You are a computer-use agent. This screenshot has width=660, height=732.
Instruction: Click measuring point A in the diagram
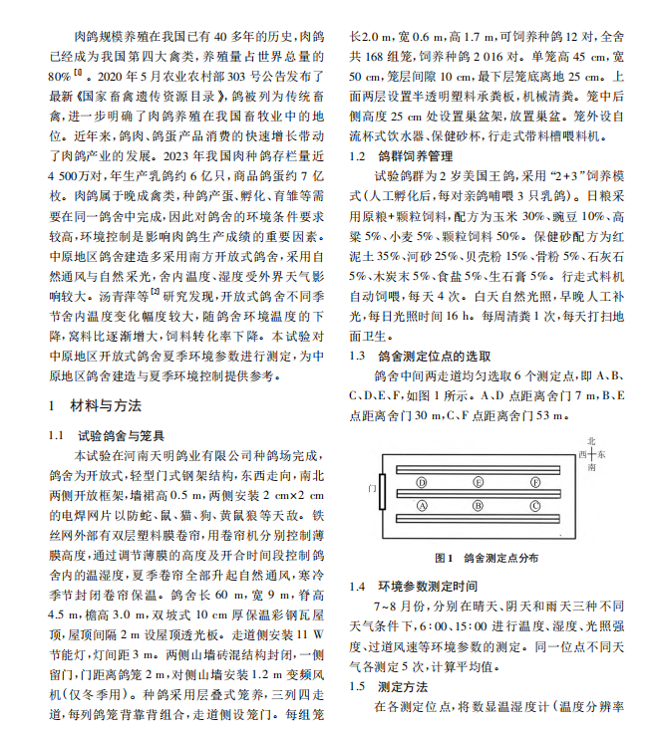423,506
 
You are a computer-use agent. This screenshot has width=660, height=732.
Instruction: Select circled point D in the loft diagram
423,481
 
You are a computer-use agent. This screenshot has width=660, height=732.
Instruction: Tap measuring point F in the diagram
535,481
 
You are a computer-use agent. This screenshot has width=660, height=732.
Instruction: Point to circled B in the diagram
479,506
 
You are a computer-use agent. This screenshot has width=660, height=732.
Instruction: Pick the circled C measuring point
535,506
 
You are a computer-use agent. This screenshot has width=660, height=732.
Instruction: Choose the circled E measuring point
479,481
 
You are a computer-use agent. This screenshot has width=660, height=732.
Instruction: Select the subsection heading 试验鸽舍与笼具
118,435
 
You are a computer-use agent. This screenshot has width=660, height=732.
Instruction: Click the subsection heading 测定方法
403,686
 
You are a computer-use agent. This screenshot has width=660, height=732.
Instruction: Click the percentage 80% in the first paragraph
59,74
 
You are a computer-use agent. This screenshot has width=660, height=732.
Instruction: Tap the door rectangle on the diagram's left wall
383,492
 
